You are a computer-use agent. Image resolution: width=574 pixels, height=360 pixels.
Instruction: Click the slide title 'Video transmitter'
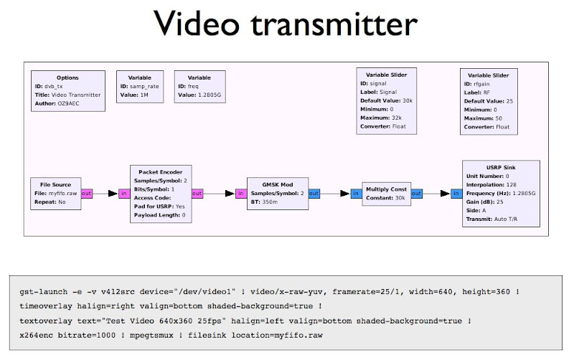(x=286, y=25)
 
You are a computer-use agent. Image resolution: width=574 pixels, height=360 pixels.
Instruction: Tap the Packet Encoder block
(x=160, y=193)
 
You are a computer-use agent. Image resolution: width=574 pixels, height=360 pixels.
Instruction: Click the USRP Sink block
(x=500, y=194)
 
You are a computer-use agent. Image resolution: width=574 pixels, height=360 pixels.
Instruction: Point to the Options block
(x=67, y=90)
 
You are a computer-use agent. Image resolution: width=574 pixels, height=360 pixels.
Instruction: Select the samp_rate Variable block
(x=139, y=86)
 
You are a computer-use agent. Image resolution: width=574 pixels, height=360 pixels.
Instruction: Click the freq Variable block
(x=199, y=86)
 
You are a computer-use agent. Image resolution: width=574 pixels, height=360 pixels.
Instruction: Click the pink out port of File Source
(x=87, y=194)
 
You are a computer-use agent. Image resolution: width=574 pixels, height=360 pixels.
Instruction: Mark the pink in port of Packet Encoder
(x=123, y=194)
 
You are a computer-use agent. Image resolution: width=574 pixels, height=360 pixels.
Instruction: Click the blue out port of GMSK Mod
(x=314, y=194)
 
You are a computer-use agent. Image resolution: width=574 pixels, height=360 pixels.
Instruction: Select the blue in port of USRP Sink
(x=456, y=194)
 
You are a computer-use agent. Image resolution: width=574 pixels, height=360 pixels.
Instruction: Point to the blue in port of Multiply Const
(x=356, y=194)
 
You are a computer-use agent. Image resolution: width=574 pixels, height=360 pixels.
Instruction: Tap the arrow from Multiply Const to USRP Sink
(x=437, y=194)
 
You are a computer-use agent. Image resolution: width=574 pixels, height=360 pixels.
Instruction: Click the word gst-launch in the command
(x=43, y=293)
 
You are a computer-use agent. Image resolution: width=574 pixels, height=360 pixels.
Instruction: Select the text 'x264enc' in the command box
(x=39, y=336)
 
